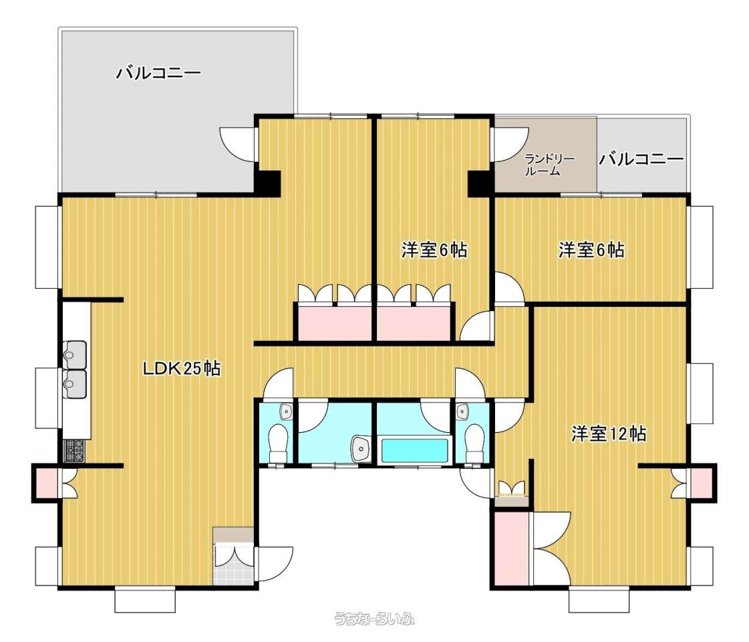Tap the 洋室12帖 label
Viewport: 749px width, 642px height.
tap(609, 433)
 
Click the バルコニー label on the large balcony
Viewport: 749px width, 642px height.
tap(159, 73)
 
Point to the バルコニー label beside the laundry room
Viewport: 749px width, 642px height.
tap(641, 158)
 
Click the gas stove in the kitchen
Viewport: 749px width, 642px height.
tap(74, 451)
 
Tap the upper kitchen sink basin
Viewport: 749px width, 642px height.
tap(75, 354)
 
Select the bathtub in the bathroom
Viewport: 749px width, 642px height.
tap(415, 450)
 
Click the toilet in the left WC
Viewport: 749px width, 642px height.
tap(277, 442)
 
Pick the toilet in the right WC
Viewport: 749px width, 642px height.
tap(474, 442)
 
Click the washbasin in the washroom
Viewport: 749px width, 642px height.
tap(361, 449)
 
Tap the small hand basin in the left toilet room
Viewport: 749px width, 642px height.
tap(286, 411)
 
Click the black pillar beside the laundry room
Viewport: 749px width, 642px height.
tap(479, 183)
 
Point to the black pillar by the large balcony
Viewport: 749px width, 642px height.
tap(267, 183)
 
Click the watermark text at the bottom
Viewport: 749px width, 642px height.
tap(374, 619)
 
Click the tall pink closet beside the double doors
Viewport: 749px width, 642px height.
tap(511, 548)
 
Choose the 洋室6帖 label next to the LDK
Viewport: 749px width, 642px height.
tap(434, 250)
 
